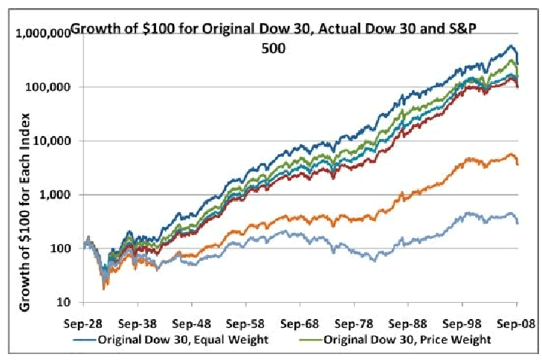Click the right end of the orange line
click(518, 164)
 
